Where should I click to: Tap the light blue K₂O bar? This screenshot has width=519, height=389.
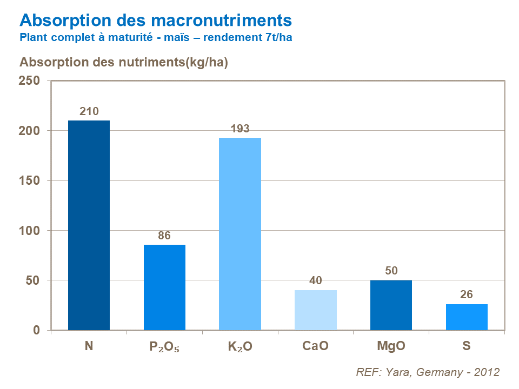240,233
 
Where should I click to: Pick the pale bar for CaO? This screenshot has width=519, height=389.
316,310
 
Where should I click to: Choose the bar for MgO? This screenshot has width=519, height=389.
391,305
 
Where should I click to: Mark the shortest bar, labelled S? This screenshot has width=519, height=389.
467,317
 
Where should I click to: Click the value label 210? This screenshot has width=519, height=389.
89,112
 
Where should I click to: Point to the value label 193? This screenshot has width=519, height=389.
240,129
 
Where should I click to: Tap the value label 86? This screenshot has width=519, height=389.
164,236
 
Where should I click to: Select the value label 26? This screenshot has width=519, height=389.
467,296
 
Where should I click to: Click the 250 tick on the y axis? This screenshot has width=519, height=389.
29,81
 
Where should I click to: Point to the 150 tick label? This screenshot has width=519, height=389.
29,180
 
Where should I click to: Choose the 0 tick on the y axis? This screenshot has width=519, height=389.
36,330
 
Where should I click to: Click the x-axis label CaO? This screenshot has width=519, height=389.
315,346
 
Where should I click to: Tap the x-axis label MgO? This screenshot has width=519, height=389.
391,346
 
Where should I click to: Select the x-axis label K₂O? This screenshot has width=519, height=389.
240,346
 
